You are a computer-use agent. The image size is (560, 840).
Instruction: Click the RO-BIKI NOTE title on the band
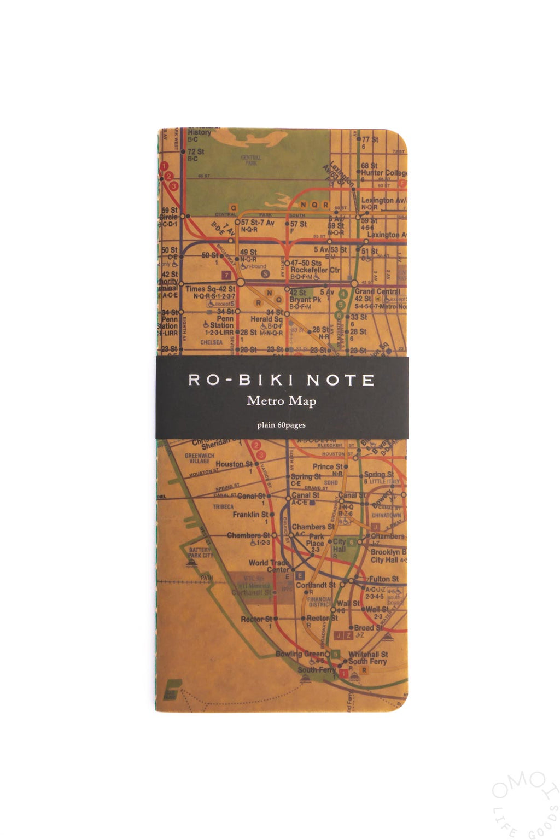pos(281,380)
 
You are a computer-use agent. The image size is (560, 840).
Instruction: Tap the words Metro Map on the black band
pos(281,401)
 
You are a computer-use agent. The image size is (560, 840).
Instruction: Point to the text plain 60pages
pos(281,425)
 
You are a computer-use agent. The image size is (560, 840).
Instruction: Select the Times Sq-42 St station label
pos(211,289)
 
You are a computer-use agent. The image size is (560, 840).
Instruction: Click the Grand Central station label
pos(377,292)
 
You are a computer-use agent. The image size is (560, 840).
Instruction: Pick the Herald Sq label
pos(266,319)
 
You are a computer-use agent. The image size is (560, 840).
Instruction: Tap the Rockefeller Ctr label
pos(315,270)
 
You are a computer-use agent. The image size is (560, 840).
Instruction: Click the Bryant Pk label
pos(305,300)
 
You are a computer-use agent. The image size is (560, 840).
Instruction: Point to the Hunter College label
pos(383,172)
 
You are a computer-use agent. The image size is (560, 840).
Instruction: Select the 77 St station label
pos(370,139)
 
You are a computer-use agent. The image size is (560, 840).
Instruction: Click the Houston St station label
pos(234,464)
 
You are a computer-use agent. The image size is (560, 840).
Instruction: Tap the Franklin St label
pos(250,515)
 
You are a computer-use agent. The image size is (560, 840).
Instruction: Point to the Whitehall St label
pos(368,654)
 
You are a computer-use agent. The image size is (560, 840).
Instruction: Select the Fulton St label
pos(383,579)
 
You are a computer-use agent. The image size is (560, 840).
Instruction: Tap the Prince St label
pos(327,466)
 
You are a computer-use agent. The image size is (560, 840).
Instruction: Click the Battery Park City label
pos(201,552)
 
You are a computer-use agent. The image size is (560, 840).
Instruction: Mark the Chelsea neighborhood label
pos(211,342)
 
